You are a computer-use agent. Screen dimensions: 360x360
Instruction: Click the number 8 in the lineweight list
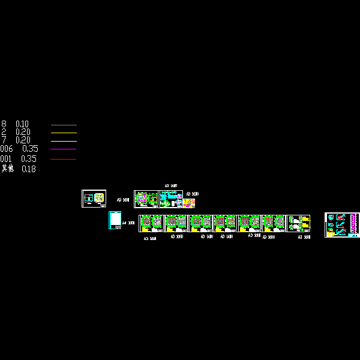(4, 124)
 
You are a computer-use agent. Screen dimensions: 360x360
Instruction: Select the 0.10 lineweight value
(22, 124)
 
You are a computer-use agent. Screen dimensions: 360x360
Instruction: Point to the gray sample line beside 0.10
(64, 125)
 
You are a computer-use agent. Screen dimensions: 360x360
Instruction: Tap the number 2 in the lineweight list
(4, 132)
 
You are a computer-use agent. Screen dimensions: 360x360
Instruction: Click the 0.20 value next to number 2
(23, 132)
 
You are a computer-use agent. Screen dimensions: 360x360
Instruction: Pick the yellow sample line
(64, 133)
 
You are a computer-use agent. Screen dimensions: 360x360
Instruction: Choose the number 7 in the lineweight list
(4, 140)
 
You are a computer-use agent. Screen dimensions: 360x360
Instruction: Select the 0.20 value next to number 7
(23, 140)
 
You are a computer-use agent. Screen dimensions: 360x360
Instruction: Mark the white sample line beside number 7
(64, 140)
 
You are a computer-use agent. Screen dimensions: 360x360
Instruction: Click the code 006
(7, 149)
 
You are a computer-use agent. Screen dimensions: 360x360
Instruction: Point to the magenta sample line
(64, 149)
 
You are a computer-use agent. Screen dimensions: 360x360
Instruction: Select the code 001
(6, 159)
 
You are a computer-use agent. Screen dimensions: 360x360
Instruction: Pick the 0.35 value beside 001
(29, 159)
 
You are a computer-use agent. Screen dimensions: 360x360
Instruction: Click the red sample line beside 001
(64, 159)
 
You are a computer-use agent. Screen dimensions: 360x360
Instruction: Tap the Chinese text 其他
(7, 169)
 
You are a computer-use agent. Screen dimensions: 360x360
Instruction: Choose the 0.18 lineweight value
(29, 169)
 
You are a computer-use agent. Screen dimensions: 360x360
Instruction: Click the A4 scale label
(128, 223)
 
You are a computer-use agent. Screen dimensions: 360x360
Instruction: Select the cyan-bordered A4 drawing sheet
(115, 220)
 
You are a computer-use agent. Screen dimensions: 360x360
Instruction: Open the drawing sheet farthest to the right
(342, 224)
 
